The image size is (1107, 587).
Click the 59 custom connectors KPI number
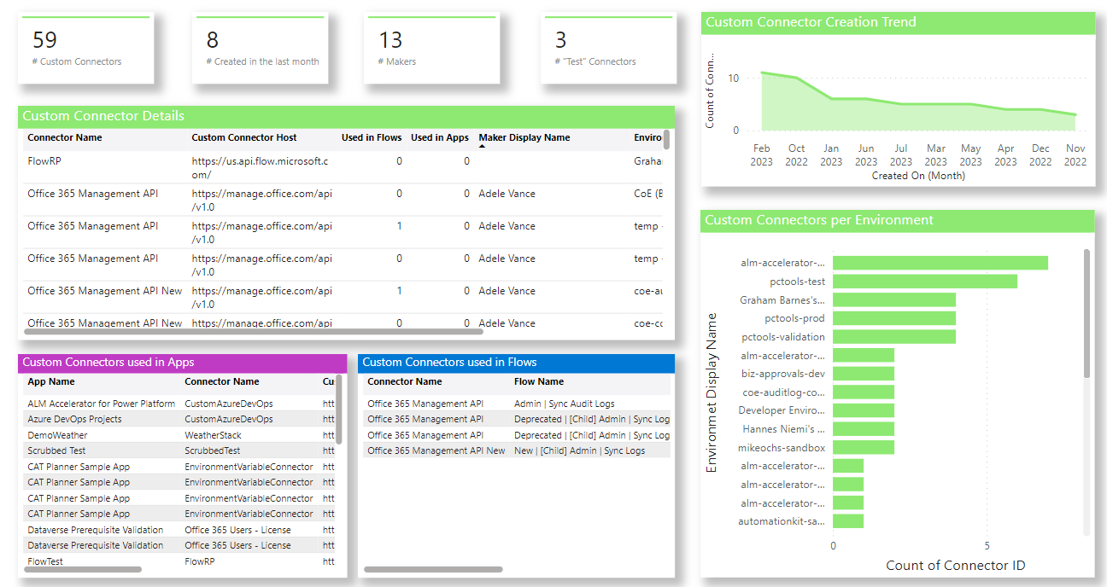pyautogui.click(x=44, y=39)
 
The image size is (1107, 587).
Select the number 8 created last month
pyautogui.click(x=213, y=39)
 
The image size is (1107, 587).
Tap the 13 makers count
pyautogui.click(x=390, y=39)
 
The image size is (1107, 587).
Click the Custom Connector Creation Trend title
pyautogui.click(x=811, y=22)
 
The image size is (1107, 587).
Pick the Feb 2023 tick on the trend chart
pyautogui.click(x=761, y=154)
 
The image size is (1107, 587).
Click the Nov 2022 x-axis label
pyautogui.click(x=1075, y=154)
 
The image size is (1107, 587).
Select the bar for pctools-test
pyautogui.click(x=924, y=282)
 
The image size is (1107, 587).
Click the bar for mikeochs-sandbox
pyautogui.click(x=863, y=448)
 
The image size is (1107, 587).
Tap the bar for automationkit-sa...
pyautogui.click(x=847, y=521)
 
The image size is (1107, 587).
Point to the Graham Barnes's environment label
pyautogui.click(x=782, y=300)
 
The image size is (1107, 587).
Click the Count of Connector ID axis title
pyautogui.click(x=955, y=565)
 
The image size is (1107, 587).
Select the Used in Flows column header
pyautogui.click(x=372, y=137)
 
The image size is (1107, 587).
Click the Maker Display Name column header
pyautogui.click(x=524, y=137)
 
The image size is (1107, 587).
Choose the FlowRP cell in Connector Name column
pyautogui.click(x=44, y=160)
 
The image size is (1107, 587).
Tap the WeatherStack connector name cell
pyautogui.click(x=213, y=435)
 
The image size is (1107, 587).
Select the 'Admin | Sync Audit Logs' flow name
pyautogui.click(x=564, y=404)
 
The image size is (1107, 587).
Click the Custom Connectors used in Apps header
pyautogui.click(x=108, y=363)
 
